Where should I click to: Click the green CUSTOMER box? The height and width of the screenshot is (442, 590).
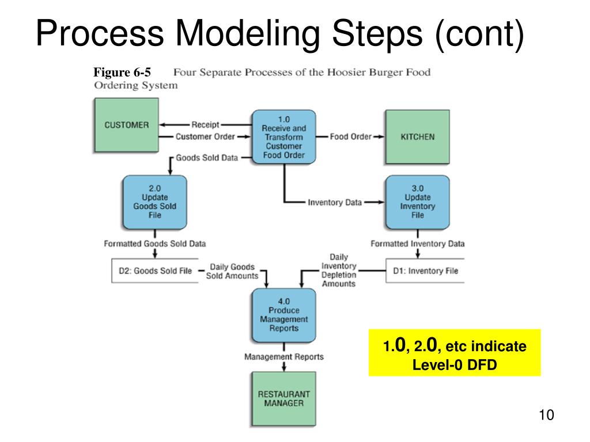tap(126, 125)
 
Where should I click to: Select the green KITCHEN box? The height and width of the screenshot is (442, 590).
tap(417, 137)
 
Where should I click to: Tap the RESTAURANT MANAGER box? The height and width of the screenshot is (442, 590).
tap(283, 399)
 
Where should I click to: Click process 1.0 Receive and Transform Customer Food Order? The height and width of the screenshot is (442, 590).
tap(284, 138)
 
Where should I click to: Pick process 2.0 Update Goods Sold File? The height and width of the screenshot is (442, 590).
tap(154, 201)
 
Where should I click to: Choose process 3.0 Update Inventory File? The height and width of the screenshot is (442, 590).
tap(417, 201)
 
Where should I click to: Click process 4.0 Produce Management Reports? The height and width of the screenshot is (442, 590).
tap(284, 315)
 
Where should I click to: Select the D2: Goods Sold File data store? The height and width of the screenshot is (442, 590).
tap(155, 270)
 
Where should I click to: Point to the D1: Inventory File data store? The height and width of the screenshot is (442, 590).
tap(425, 270)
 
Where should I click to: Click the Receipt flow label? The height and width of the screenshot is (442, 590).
tap(205, 124)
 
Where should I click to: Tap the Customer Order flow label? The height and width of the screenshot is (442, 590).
tap(205, 137)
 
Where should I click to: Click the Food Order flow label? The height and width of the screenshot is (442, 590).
tap(350, 137)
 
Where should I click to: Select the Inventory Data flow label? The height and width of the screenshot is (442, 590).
tap(335, 202)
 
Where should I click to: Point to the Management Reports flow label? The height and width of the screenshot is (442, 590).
tap(284, 357)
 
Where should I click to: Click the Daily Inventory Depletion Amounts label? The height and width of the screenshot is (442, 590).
tap(339, 270)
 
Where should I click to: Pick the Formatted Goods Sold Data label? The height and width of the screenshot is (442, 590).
tap(154, 243)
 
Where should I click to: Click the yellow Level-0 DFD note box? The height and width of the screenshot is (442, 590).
tap(455, 353)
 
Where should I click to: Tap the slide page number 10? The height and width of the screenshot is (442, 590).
tap(546, 415)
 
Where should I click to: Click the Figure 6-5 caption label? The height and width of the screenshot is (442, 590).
tap(122, 73)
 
